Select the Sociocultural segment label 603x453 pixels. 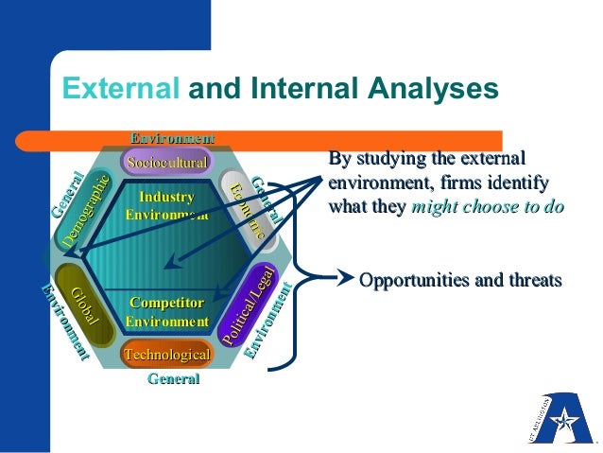pos(167,163)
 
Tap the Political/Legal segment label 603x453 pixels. pos(249,305)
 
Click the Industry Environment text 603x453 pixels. pos(166,205)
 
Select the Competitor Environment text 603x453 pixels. pos(167,312)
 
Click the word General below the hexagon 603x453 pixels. pos(174,379)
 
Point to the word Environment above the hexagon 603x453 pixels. pos(172,139)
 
